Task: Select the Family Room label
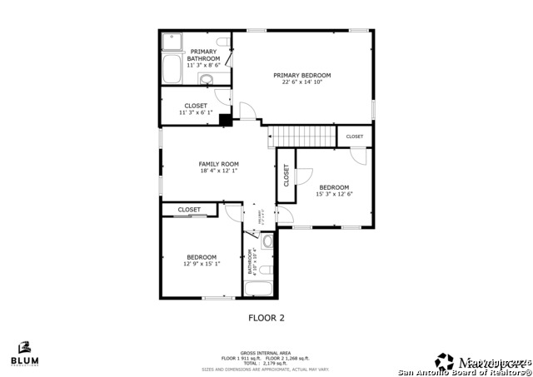click(218, 164)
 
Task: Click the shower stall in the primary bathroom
click(173, 42)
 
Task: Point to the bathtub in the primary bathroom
click(173, 69)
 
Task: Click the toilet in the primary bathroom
click(222, 42)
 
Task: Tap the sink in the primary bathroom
click(206, 80)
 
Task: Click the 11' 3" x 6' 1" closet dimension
click(196, 112)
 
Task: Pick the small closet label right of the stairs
click(354, 136)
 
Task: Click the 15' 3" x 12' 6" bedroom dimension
click(333, 194)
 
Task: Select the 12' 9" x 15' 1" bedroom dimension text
click(202, 264)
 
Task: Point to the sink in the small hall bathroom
click(267, 242)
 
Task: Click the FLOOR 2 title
click(266, 317)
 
